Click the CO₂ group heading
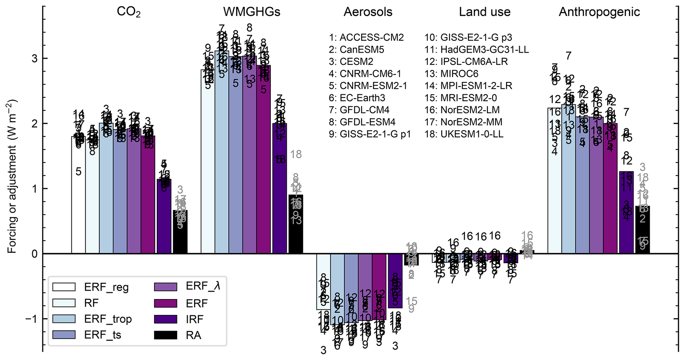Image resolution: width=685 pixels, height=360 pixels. click(129, 12)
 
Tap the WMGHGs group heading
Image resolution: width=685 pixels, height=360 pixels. click(252, 12)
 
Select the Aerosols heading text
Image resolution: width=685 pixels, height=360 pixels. click(368, 12)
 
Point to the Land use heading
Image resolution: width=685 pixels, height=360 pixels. click(485, 12)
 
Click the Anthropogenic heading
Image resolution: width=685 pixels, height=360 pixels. click(599, 12)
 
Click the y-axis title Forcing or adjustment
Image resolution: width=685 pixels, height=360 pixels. click(12, 176)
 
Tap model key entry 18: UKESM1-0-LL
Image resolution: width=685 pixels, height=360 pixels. click(464, 134)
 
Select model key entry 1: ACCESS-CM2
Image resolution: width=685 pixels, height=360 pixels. click(366, 37)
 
